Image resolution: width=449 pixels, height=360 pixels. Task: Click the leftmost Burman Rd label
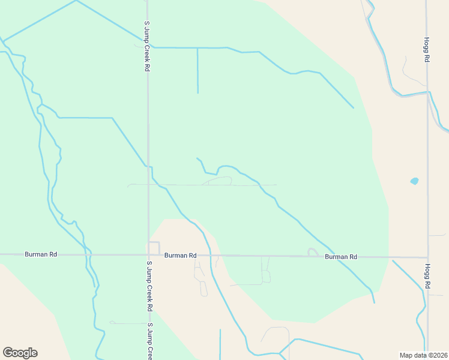pos(41,254)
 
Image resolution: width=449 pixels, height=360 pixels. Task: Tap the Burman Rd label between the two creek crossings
pos(181,256)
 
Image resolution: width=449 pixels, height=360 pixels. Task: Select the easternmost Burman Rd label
pos(341,257)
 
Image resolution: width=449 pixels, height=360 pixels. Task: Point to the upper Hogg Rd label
pos(427,52)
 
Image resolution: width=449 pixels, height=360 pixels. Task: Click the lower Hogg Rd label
pos(428,277)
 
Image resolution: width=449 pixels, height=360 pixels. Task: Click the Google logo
pos(20,353)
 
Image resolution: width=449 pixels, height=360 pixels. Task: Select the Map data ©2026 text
pos(423,355)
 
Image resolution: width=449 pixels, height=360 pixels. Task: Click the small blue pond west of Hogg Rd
pos(414,181)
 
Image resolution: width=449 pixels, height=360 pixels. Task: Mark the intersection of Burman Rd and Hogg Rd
pos(428,257)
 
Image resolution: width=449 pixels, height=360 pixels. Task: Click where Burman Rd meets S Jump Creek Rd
pos(149,254)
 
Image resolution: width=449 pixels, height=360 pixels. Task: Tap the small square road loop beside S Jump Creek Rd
pos(154,248)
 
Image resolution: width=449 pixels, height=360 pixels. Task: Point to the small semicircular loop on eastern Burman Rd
pos(313,252)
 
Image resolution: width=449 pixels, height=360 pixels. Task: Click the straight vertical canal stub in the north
pos(197,71)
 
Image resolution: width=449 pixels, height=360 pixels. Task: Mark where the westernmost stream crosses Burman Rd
pos(88,254)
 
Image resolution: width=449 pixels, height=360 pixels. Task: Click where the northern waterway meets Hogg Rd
pos(427,92)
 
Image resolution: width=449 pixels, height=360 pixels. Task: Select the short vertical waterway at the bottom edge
pos(220,344)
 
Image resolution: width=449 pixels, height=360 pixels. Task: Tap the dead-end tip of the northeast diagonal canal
pos(354,108)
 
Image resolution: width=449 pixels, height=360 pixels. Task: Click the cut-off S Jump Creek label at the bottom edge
pos(149,341)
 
